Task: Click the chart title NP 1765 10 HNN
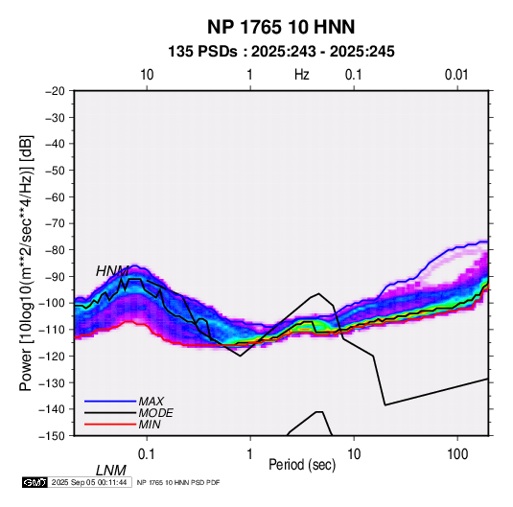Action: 281,27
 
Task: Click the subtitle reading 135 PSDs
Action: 202,52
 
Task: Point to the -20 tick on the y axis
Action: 55,91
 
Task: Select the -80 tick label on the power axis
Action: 55,250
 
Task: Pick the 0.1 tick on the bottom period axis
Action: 147,454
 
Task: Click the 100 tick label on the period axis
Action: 457,454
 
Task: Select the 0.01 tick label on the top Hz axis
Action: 456,75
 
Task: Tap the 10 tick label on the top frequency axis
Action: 147,75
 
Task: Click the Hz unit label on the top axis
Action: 302,75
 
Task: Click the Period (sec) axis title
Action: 302,465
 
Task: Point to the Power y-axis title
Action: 26,263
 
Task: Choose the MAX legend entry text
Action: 151,402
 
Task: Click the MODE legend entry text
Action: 155,413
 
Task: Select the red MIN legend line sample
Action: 110,425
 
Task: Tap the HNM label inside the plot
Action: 112,271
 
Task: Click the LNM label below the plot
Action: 110,471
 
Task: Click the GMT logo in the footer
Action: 35,482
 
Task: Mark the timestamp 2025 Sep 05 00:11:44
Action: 89,482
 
